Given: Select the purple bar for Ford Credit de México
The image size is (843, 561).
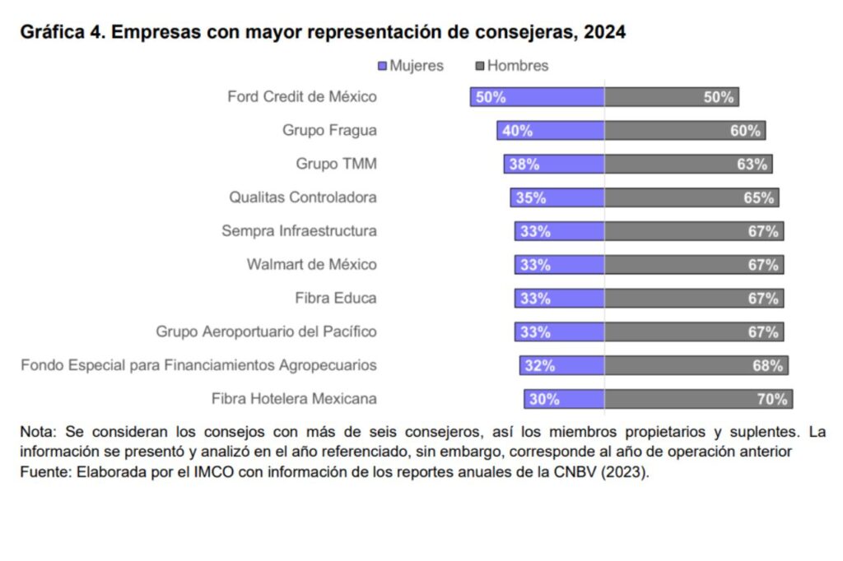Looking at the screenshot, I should pyautogui.click(x=537, y=97).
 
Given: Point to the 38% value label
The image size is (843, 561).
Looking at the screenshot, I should pyautogui.click(x=524, y=165).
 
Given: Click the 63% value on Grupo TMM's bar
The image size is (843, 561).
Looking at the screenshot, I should pyautogui.click(x=752, y=165).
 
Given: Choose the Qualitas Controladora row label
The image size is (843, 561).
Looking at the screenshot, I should pyautogui.click(x=303, y=197).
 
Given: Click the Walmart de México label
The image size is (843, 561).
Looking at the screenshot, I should pyautogui.click(x=312, y=264).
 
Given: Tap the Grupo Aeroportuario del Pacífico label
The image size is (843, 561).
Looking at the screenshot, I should pyautogui.click(x=267, y=331).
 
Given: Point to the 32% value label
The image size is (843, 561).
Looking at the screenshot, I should pyautogui.click(x=539, y=366).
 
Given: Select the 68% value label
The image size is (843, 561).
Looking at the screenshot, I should pyautogui.click(x=767, y=366).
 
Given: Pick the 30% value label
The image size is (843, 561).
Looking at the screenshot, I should pyautogui.click(x=544, y=400).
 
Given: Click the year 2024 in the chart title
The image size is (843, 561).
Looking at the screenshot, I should pyautogui.click(x=604, y=33).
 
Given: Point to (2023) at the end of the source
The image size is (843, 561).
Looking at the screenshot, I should pyautogui.click(x=624, y=473).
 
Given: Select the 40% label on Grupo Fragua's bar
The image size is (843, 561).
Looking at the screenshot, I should pyautogui.click(x=517, y=131).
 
